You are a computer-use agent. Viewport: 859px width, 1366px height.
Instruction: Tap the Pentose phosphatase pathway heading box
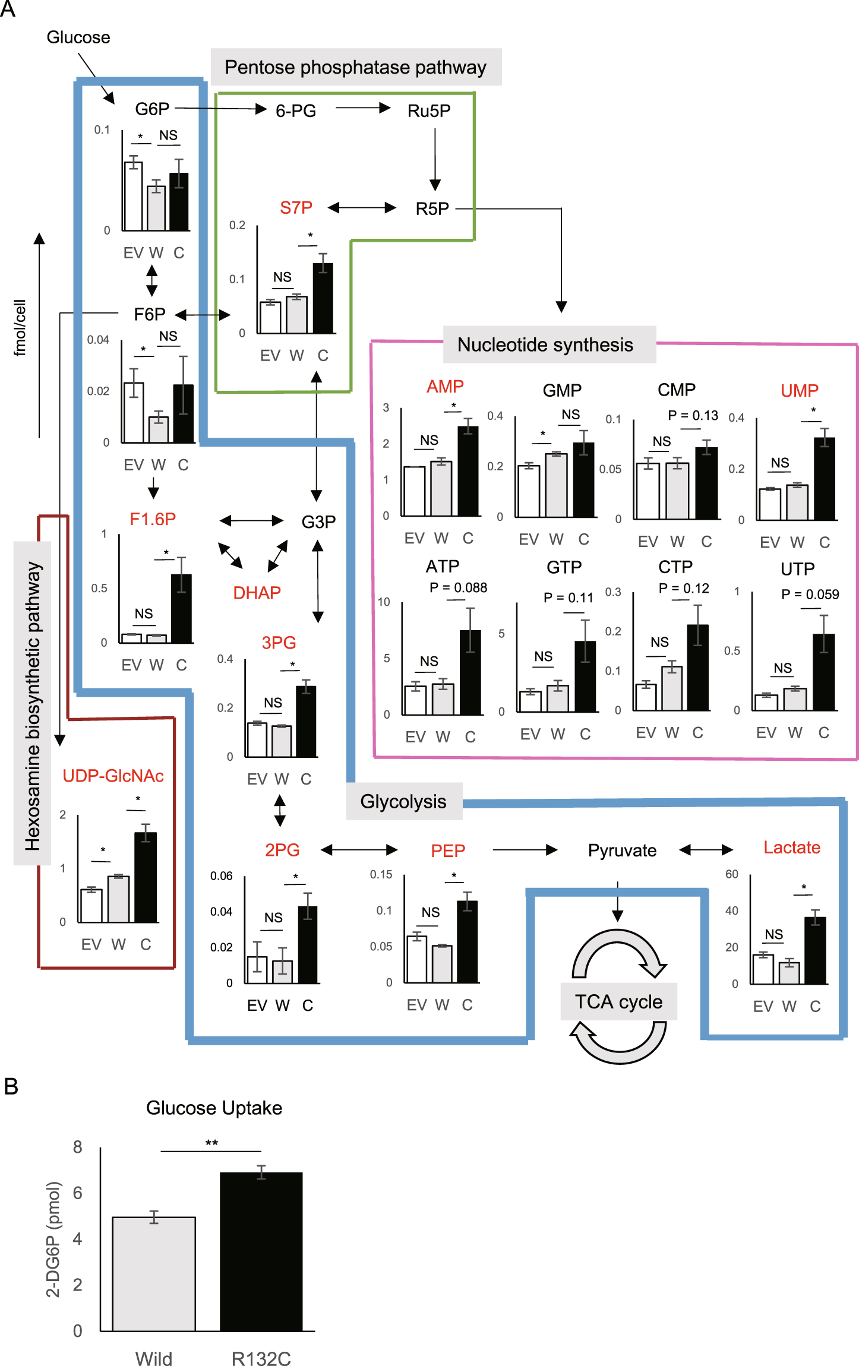pyautogui.click(x=356, y=67)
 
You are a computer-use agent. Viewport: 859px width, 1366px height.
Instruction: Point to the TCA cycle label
pyautogui.click(x=618, y=1001)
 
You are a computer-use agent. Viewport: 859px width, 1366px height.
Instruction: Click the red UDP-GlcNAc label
pyautogui.click(x=113, y=776)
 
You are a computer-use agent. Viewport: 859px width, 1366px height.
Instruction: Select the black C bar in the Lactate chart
pyautogui.click(x=815, y=950)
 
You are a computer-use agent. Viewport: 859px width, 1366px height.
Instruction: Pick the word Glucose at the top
pyautogui.click(x=78, y=37)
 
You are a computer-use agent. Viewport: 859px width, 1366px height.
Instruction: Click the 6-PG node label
pyautogui.click(x=296, y=111)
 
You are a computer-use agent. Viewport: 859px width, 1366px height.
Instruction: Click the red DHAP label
pyautogui.click(x=257, y=593)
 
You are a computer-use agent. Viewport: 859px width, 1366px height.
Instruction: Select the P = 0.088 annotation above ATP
pyautogui.click(x=458, y=587)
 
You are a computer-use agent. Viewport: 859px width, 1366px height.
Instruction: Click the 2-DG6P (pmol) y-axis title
pyautogui.click(x=53, y=1239)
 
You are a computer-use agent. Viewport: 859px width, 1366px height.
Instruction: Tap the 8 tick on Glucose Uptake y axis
pyautogui.click(x=77, y=1147)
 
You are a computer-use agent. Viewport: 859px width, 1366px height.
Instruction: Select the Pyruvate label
pyautogui.click(x=622, y=850)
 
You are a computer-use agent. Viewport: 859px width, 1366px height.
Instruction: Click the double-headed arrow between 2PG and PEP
pyautogui.click(x=359, y=850)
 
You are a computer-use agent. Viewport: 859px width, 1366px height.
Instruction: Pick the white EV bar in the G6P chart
pyautogui.click(x=133, y=195)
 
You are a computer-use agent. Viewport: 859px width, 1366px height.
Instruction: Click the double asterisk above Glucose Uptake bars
pyautogui.click(x=211, y=1143)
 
